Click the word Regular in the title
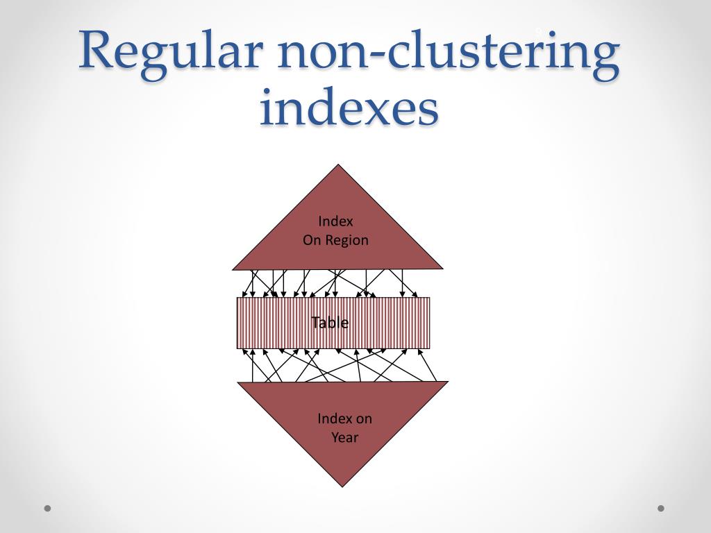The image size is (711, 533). coord(169,52)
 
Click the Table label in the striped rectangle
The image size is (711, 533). coord(330,323)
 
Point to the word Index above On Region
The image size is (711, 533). coord(335,221)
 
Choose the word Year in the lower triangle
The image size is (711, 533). coord(344,437)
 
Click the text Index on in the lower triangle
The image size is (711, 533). coord(344,418)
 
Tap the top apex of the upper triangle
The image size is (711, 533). coord(338,165)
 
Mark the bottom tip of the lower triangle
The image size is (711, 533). coord(343,486)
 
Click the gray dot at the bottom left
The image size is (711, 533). coord(48,508)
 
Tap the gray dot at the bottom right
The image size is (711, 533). coord(661,508)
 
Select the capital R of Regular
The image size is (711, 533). coord(98,50)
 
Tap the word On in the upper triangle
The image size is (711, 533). coord(310,240)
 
